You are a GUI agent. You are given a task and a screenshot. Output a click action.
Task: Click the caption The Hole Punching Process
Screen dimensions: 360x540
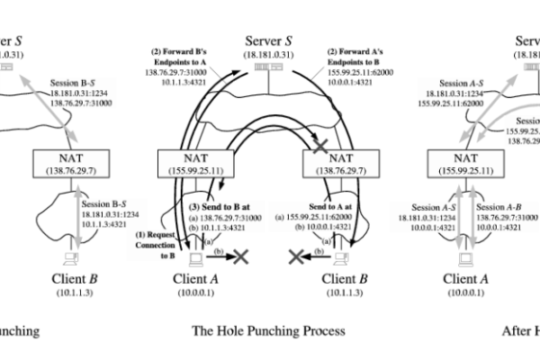[x=268, y=331]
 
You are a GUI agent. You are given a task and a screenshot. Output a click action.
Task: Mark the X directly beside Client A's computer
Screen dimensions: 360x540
[x=242, y=256]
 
